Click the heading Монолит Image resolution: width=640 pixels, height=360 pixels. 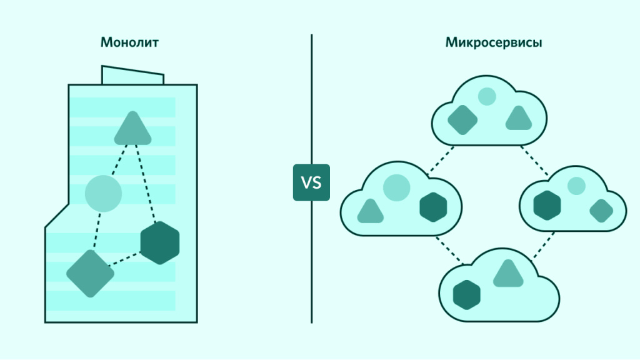pos(129,43)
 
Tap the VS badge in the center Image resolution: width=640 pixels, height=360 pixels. pos(311,182)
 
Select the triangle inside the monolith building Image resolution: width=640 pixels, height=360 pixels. pos(132,130)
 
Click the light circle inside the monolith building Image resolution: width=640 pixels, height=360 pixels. pos(102,192)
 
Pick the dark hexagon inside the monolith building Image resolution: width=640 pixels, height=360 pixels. pos(160,242)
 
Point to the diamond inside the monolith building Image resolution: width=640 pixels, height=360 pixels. pos(90,273)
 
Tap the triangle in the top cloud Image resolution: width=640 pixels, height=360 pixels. pos(519,119)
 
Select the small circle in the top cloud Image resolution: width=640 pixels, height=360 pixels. pos(486,96)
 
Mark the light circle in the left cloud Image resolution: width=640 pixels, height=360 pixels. pos(396,188)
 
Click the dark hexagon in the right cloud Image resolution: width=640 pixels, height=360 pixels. pos(547,204)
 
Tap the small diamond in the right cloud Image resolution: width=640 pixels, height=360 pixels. pos(601,211)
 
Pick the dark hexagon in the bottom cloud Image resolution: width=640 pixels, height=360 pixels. pos(466,295)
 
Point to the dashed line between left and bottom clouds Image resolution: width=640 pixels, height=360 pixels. pos(448,249)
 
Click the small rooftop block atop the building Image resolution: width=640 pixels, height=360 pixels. pos(132,75)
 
